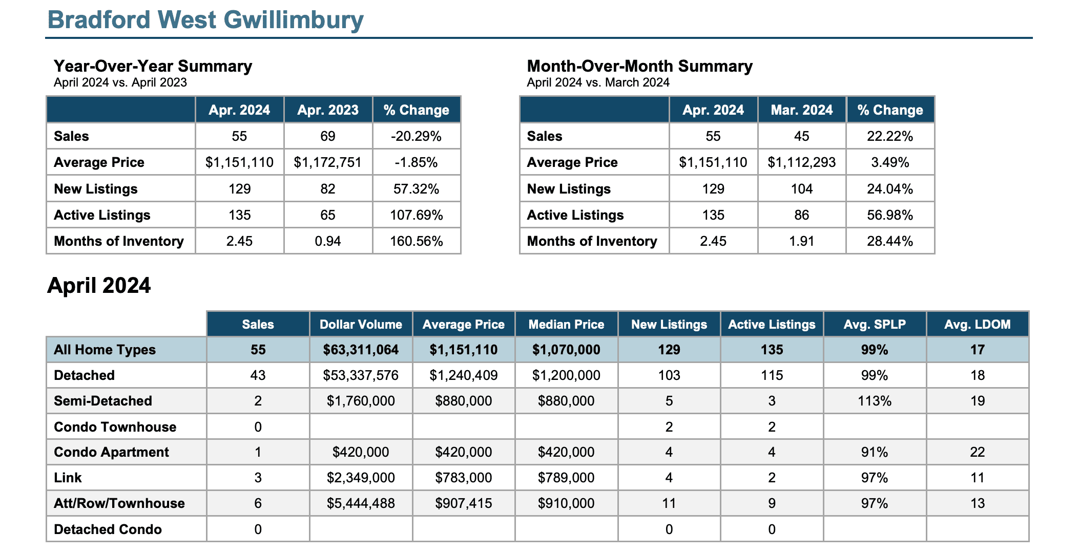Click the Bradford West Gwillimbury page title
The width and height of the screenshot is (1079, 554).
205,20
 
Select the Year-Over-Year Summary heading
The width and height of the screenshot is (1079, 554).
153,66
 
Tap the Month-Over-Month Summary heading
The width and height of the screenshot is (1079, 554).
640,66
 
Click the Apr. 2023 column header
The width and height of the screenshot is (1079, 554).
328,110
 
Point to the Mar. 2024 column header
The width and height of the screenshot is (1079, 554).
802,110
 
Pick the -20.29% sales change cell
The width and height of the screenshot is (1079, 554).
417,136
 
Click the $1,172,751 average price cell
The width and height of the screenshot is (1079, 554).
328,162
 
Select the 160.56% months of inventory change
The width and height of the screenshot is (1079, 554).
417,241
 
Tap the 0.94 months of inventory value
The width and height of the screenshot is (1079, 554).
328,241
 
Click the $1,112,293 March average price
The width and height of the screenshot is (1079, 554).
802,162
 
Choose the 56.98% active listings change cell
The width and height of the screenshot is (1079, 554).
890,215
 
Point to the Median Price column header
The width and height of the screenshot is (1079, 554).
566,325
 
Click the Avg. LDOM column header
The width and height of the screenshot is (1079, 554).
978,325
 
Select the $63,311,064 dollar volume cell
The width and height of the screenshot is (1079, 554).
361,350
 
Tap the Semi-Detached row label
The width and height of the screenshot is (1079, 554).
103,401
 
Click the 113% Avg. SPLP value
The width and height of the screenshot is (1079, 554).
875,401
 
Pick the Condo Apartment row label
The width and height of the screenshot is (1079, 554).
111,452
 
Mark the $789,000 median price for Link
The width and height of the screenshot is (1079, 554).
566,478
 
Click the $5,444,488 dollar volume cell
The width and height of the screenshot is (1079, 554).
361,503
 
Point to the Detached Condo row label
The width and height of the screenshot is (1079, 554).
108,529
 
